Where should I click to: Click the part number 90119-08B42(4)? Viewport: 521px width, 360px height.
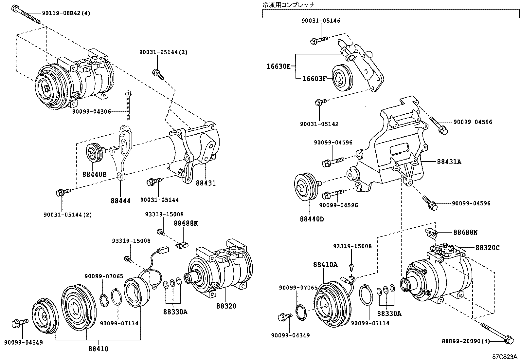[x=66, y=13]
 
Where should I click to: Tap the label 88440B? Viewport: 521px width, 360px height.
[x=94, y=175]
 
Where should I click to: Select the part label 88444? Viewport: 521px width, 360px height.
[x=120, y=201]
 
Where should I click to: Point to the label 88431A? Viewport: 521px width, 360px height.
[x=449, y=161]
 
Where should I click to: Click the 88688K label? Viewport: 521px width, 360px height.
[x=186, y=223]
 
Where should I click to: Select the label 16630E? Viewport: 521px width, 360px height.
[x=278, y=66]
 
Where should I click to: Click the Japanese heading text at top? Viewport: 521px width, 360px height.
[x=288, y=5]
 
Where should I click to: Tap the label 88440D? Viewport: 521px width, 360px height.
[x=312, y=219]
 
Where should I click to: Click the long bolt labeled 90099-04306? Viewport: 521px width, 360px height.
[x=128, y=106]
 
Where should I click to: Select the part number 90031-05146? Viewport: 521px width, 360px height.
[x=321, y=21]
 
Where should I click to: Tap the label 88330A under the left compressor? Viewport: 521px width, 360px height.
[x=175, y=312]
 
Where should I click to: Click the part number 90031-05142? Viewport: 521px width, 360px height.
[x=319, y=124]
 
